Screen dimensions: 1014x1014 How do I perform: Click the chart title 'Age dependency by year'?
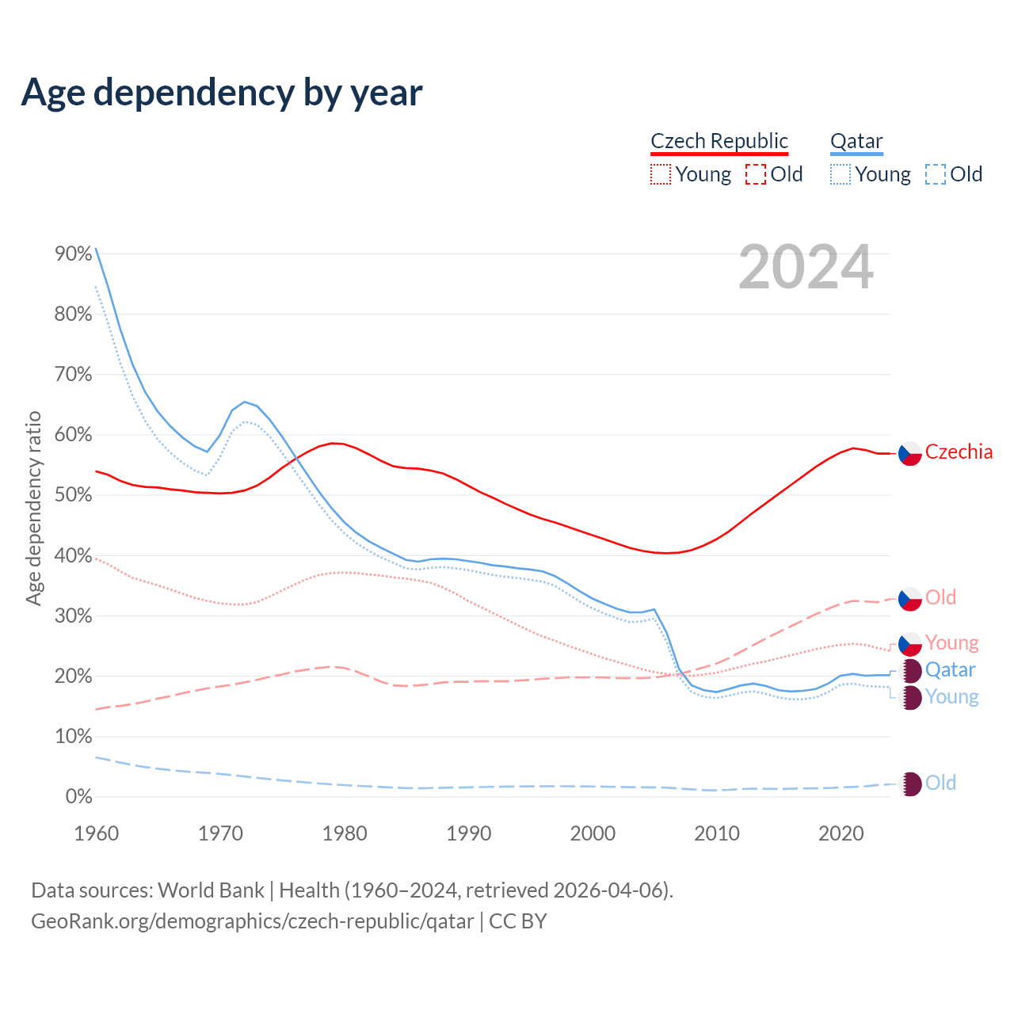pyautogui.click(x=222, y=93)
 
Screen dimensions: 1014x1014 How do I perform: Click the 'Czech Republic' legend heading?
pyautogui.click(x=719, y=141)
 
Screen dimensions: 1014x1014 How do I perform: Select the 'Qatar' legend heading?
pyautogui.click(x=856, y=141)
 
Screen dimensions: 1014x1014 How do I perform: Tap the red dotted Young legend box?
pyautogui.click(x=661, y=174)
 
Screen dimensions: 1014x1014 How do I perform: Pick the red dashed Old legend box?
pyautogui.click(x=756, y=174)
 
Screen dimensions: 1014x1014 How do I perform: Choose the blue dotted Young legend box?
pyautogui.click(x=841, y=174)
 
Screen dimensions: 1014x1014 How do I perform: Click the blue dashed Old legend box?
pyautogui.click(x=936, y=174)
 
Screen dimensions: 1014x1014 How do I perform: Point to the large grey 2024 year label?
pyautogui.click(x=806, y=268)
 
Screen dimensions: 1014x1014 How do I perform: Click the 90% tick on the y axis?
pyautogui.click(x=74, y=253)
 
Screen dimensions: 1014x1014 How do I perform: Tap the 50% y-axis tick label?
pyautogui.click(x=74, y=495)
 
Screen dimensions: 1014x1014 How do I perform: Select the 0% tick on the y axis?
pyautogui.click(x=78, y=797)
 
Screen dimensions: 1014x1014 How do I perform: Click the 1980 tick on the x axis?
pyautogui.click(x=345, y=833)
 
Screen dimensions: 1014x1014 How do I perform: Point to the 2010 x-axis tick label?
pyautogui.click(x=717, y=833)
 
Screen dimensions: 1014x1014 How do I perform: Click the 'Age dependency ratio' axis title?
pyautogui.click(x=33, y=508)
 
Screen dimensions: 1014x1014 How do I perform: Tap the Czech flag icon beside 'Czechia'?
pyautogui.click(x=909, y=453)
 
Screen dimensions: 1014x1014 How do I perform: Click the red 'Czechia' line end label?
pyautogui.click(x=959, y=452)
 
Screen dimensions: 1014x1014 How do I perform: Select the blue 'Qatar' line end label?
pyautogui.click(x=950, y=670)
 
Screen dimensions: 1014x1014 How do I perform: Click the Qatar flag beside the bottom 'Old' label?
pyautogui.click(x=910, y=783)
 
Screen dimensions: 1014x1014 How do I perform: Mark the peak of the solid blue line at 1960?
pyautogui.click(x=96, y=249)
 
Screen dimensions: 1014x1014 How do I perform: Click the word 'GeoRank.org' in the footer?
pyautogui.click(x=85, y=921)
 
